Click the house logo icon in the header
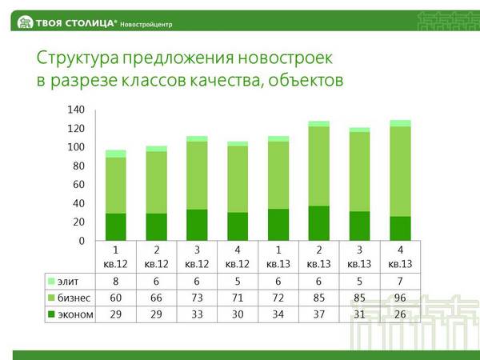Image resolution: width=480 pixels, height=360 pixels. (25, 22)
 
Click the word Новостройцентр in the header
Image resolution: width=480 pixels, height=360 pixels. (146, 25)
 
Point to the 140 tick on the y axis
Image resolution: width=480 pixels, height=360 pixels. (76, 110)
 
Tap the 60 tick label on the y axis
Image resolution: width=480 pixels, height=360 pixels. (78, 184)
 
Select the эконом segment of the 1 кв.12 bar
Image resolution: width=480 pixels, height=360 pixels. (116, 227)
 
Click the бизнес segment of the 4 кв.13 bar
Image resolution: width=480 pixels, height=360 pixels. (400, 171)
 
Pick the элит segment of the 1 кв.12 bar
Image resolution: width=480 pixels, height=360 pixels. (116, 154)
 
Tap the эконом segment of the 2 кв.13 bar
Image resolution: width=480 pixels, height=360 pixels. (319, 223)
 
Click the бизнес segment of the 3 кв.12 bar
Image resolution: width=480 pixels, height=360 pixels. (197, 175)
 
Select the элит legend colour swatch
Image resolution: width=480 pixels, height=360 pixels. (51, 281)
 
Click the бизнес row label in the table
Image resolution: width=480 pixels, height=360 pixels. (74, 298)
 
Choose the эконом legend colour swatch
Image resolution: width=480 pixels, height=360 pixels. (51, 314)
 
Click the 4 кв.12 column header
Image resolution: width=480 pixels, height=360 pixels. (238, 257)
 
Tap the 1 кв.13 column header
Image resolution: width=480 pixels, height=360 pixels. (278, 257)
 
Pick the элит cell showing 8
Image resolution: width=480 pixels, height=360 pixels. (116, 282)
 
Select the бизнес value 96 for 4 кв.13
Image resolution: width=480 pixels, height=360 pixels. (400, 298)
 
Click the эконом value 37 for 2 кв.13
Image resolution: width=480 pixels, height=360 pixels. (319, 314)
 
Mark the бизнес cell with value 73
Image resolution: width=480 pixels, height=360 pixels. (197, 298)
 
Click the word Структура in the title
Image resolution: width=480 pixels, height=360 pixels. (78, 58)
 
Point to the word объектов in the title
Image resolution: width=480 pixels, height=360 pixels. (306, 80)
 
